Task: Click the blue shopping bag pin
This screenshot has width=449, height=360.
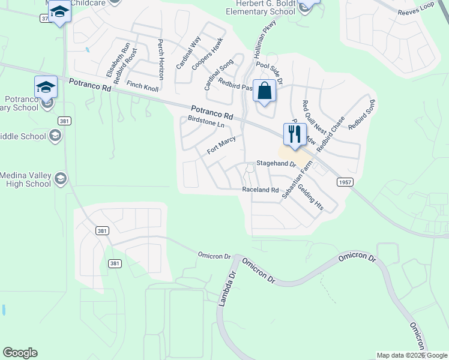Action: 264,92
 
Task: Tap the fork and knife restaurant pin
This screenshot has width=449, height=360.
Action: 294,134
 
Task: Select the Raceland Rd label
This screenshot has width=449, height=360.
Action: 261,190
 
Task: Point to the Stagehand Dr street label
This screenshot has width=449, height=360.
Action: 277,163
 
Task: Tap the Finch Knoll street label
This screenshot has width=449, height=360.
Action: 142,86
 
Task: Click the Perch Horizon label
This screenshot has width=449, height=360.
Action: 161,60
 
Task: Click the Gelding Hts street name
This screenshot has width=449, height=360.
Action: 311,196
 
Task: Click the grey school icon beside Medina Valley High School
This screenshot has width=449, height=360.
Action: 61,178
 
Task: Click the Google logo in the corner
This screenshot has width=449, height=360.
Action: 20,353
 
